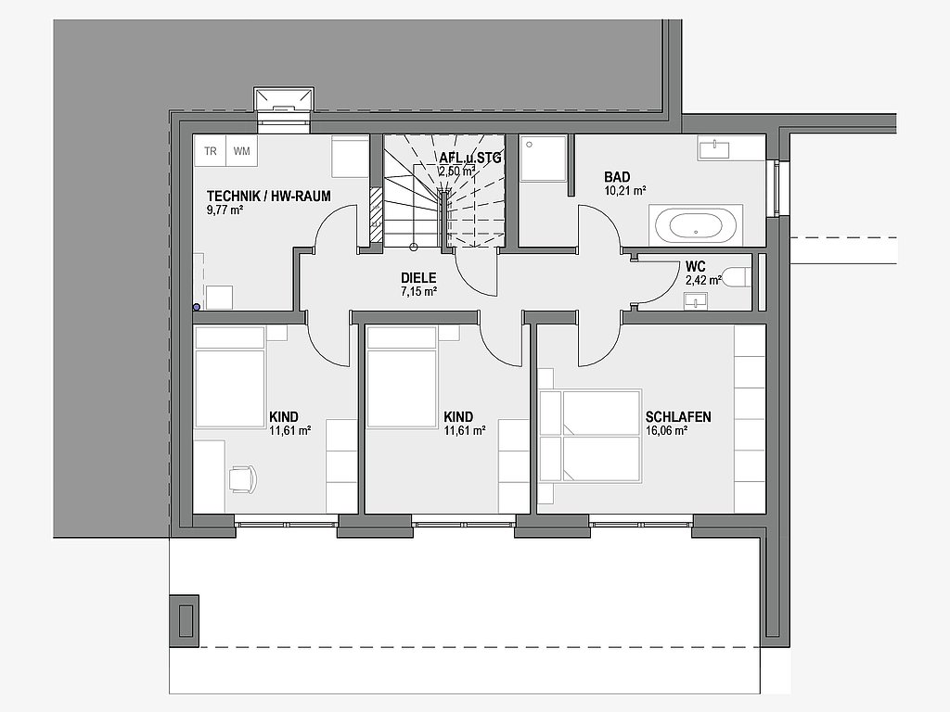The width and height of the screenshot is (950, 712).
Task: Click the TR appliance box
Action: pos(210,150)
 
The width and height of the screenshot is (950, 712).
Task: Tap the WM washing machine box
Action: pos(242,150)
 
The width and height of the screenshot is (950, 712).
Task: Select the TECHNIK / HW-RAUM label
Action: pos(268,197)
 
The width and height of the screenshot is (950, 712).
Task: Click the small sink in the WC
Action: pos(696,301)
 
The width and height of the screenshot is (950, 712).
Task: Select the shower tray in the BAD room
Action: pos(544,158)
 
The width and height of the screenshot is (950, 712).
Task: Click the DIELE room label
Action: pos(418,278)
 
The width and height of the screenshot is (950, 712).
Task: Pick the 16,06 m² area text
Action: pos(666,431)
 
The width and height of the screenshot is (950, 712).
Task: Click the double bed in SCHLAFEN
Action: pos(590,436)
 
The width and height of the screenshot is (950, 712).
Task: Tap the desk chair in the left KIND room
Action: pos(242,479)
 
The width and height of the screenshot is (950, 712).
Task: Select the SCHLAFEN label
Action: pos(678,416)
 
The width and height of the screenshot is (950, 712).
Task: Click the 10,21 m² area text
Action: pos(624,191)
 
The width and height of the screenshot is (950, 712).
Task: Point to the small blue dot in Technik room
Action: pos(197,308)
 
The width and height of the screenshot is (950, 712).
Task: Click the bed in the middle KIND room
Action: pos(402,377)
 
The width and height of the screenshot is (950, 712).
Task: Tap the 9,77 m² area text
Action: pos(225,210)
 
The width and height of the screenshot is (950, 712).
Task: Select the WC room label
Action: pos(696,266)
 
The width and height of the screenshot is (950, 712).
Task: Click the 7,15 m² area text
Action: pos(418,292)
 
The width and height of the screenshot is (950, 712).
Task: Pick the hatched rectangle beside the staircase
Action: pos(377,215)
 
